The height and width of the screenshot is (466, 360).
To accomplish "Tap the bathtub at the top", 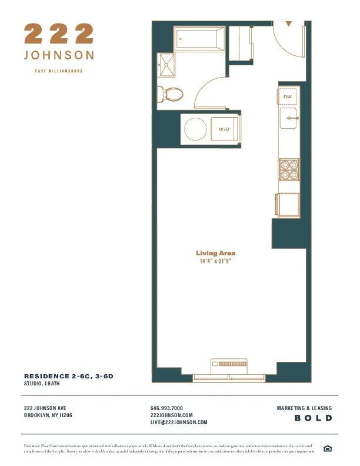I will pyautogui.click(x=199, y=39).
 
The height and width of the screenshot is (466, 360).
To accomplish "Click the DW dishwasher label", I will pyautogui.click(x=288, y=96).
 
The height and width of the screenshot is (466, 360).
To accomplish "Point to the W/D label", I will pyautogui.click(x=224, y=129).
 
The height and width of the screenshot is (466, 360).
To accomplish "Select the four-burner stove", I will pyautogui.click(x=288, y=169).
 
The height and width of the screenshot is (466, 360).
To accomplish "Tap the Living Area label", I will pyautogui.click(x=216, y=253).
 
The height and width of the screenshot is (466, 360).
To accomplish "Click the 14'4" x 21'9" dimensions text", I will pyautogui.click(x=216, y=261).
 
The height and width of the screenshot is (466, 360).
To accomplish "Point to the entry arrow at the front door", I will pyautogui.click(x=289, y=24).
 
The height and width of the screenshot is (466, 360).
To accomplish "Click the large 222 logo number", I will pyautogui.click(x=58, y=34).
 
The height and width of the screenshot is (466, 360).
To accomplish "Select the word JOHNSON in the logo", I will pyautogui.click(x=58, y=55).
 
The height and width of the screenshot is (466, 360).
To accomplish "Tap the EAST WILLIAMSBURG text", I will pyautogui.click(x=58, y=71).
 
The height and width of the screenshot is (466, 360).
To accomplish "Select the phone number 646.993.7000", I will pyautogui.click(x=167, y=408).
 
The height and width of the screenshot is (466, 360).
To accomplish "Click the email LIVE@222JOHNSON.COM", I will pyautogui.click(x=179, y=422).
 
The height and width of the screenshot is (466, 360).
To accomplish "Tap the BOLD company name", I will pyautogui.click(x=314, y=418).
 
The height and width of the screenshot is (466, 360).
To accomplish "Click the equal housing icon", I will pyautogui.click(x=328, y=450).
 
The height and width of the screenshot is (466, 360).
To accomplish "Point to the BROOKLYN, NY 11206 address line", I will pyautogui.click(x=48, y=415).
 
